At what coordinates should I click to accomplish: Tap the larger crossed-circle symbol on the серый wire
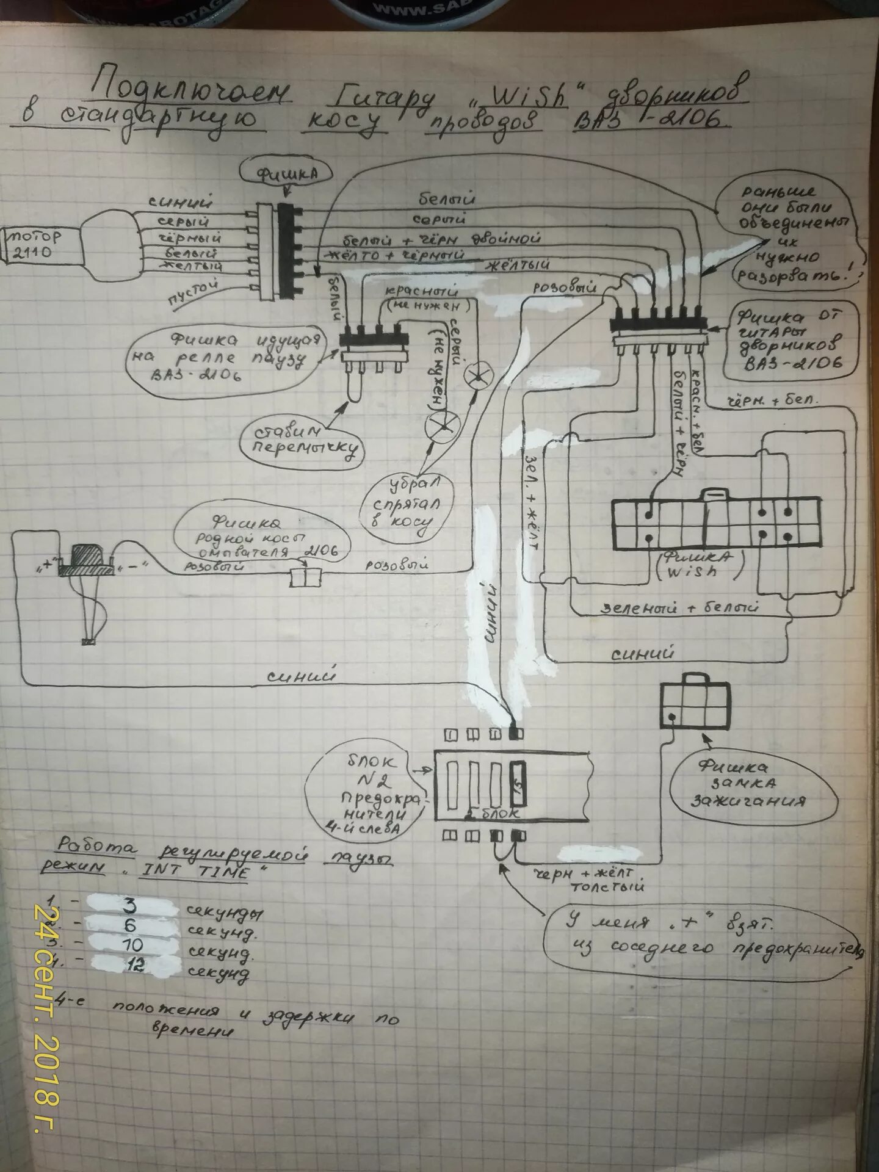coord(442,425)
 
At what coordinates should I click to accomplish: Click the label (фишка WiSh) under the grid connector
coord(700,565)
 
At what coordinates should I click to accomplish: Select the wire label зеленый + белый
coord(679,608)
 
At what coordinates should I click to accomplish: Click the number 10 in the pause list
coord(132,944)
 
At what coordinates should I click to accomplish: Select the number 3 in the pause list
coord(129,906)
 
